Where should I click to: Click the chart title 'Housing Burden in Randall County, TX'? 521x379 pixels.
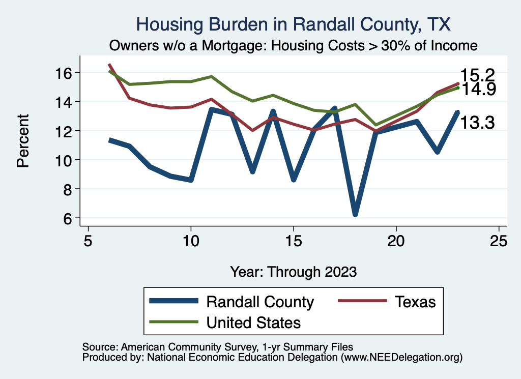click(294, 24)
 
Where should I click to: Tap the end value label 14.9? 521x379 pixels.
click(478, 90)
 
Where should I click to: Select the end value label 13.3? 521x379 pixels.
click(477, 123)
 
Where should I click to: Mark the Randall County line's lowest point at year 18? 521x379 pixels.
click(355, 214)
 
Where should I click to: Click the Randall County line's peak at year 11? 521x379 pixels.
click(211, 109)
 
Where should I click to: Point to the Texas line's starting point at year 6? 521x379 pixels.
click(109, 65)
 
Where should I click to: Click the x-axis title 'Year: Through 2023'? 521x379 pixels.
click(293, 271)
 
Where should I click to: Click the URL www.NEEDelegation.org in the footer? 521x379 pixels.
click(401, 358)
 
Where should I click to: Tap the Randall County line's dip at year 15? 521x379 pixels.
click(293, 179)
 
